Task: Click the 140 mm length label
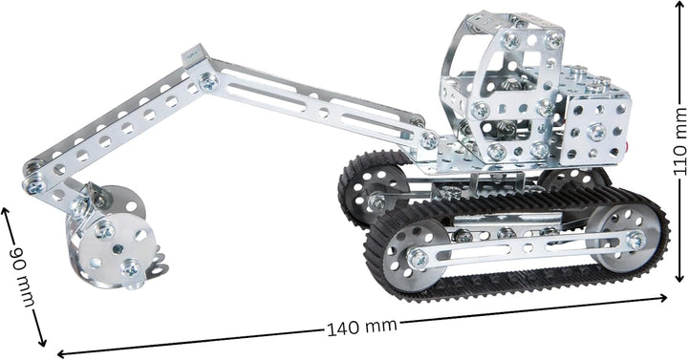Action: [x=361, y=327]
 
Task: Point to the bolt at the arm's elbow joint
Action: [x=207, y=82]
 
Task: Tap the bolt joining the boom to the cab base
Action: [x=429, y=141]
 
